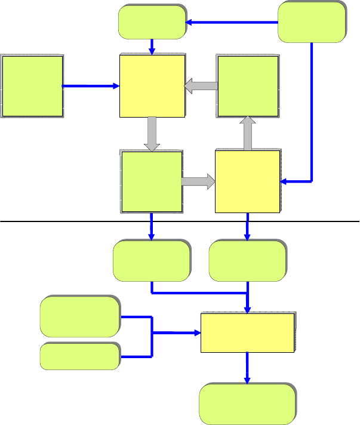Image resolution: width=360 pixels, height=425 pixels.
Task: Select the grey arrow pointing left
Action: [x=201, y=87]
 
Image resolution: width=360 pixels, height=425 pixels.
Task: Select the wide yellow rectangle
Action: [x=247, y=332]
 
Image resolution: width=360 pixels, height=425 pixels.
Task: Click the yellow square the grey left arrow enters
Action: [x=152, y=87]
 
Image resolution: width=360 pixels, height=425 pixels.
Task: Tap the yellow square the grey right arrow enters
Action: [x=247, y=181]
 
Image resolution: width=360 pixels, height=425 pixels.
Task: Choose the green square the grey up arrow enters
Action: [x=247, y=87]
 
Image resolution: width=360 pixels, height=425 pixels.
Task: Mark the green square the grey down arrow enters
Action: [x=152, y=181]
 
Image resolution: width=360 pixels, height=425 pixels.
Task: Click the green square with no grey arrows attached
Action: [x=32, y=87]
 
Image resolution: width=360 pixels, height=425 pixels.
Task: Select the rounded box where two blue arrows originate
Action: [x=312, y=22]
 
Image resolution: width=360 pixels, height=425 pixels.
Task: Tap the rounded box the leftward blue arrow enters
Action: [x=152, y=22]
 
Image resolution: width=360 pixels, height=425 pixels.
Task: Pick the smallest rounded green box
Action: [x=79, y=356]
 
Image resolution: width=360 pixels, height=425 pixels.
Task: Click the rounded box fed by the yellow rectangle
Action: [x=247, y=404]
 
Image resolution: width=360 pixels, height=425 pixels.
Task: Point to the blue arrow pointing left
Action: [x=233, y=23]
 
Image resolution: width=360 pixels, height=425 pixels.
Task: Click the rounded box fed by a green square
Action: [x=152, y=261]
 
